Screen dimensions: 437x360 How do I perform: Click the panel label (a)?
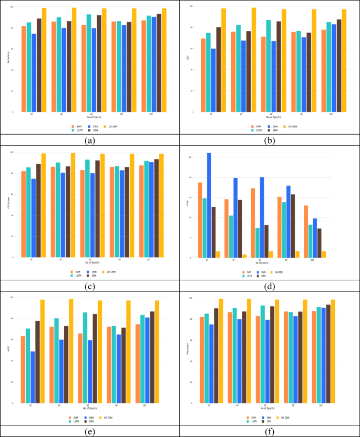(89, 140)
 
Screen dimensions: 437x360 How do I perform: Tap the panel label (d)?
(270, 286)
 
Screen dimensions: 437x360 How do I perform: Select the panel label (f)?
(270, 431)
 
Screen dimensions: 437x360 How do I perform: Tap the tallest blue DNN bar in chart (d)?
(209, 205)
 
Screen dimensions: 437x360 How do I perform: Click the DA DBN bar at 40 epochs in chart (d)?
(244, 256)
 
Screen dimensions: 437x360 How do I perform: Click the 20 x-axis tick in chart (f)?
(209, 406)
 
